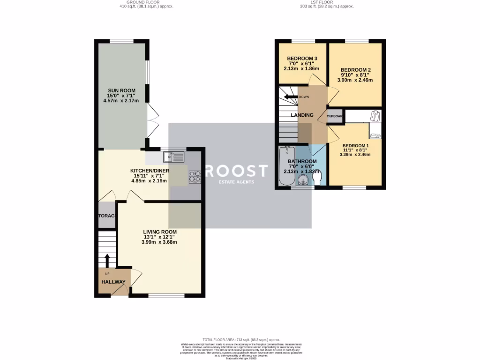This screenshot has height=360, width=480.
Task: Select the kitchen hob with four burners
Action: point(195,176)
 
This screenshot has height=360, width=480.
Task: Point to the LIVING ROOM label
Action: point(160,232)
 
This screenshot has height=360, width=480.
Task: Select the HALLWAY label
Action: point(113,282)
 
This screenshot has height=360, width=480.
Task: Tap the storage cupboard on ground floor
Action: point(107,216)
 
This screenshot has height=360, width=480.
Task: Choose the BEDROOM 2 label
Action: point(355,69)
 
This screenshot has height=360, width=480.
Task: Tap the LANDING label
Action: point(302,115)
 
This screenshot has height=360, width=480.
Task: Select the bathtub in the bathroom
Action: point(285,166)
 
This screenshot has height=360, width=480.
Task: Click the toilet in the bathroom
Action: point(317,179)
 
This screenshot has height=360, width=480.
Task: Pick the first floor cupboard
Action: point(335,116)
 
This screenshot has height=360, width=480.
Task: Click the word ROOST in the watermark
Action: point(236,171)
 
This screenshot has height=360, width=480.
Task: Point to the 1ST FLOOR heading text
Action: point(327,2)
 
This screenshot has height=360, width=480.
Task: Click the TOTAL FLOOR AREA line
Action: point(241,339)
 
